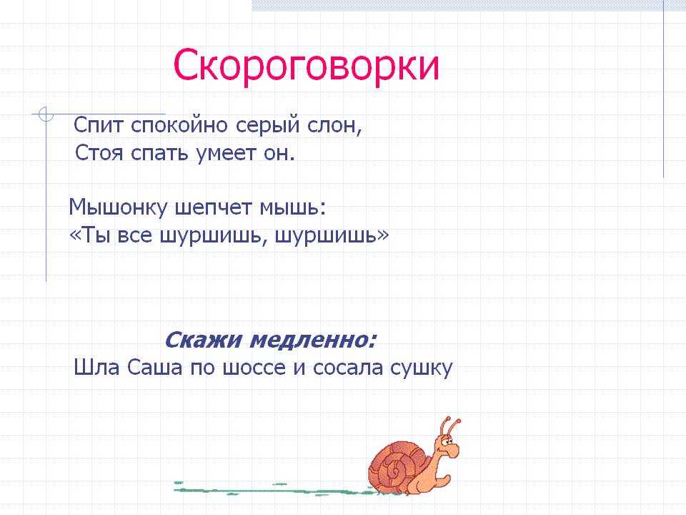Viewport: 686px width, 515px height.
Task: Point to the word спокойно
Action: tap(179, 126)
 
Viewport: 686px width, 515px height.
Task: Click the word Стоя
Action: tap(99, 153)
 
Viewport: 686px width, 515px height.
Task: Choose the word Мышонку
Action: tap(118, 208)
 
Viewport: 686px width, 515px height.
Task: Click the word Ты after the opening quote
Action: tap(96, 235)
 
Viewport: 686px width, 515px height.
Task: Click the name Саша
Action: tap(155, 368)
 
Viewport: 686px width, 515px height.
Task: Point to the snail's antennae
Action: tap(451, 425)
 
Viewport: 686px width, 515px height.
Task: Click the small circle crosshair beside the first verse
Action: tap(46, 114)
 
